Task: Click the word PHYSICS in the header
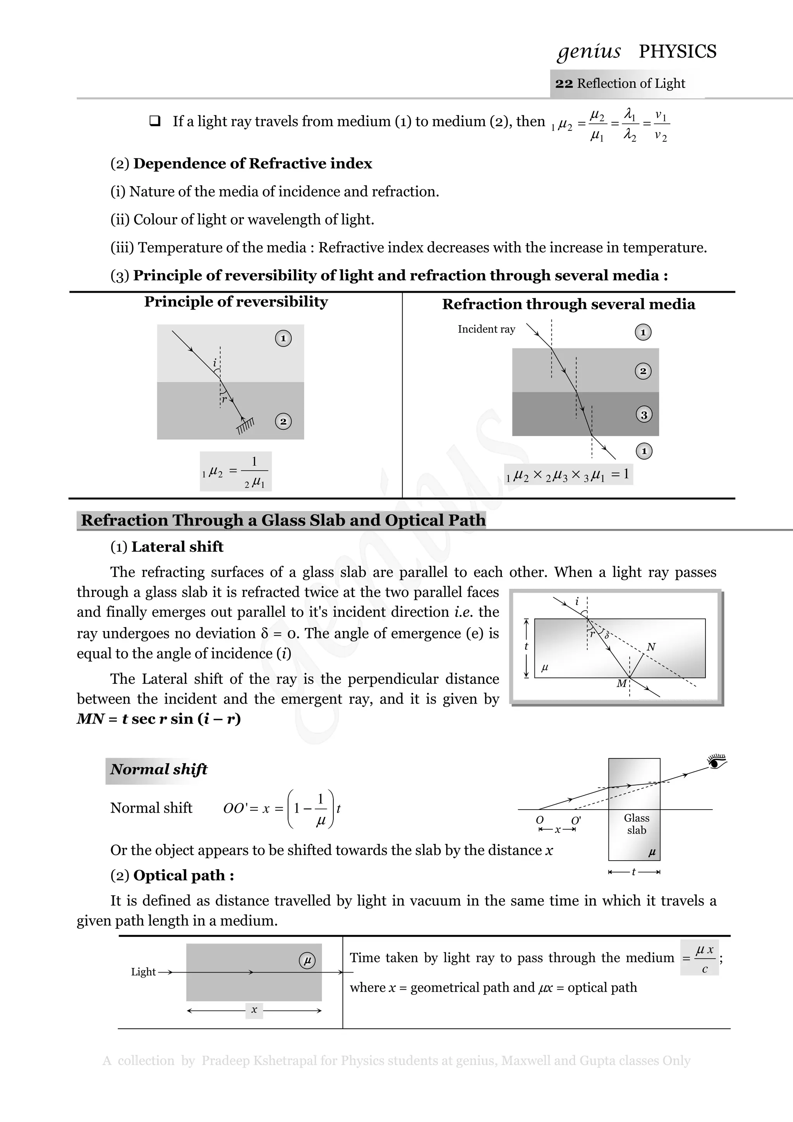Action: [677, 51]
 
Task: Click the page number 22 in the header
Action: [563, 84]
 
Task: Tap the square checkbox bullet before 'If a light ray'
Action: [155, 121]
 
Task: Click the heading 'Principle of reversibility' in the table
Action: [235, 302]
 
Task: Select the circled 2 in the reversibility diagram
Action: [283, 421]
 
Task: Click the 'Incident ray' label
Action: [486, 329]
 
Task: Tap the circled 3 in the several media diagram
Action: [644, 415]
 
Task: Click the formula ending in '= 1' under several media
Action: [568, 475]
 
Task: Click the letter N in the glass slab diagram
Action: [651, 647]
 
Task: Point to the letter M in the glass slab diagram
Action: [621, 684]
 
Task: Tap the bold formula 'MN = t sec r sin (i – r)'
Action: [159, 719]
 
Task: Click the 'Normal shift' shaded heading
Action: [158, 769]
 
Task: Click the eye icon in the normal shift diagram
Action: [717, 761]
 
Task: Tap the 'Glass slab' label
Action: [636, 824]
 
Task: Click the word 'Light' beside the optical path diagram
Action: [143, 972]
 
